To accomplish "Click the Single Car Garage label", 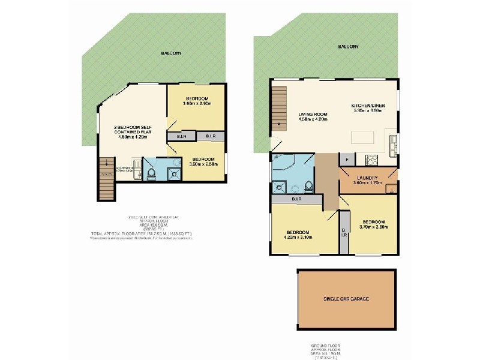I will [346, 298].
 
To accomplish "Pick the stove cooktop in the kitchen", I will [371, 160].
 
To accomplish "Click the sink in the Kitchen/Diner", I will [393, 145].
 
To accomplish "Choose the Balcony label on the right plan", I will [348, 46].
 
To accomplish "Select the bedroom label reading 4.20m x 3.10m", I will [298, 235].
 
